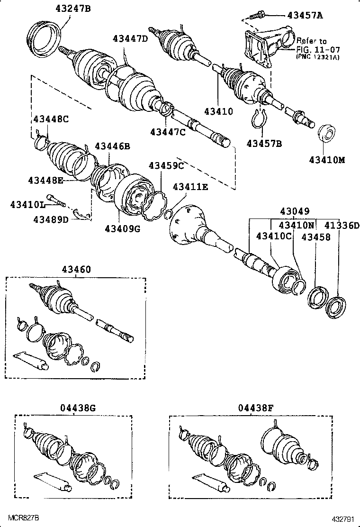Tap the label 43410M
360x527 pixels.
point(327,160)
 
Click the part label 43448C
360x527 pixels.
point(51,119)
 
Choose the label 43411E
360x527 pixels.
point(190,187)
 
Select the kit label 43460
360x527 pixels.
point(76,269)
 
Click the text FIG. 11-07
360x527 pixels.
point(318,49)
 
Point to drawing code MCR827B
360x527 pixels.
point(23,516)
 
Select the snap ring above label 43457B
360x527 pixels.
point(258,118)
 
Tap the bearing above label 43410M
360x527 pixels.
point(326,133)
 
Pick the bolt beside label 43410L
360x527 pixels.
point(56,201)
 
